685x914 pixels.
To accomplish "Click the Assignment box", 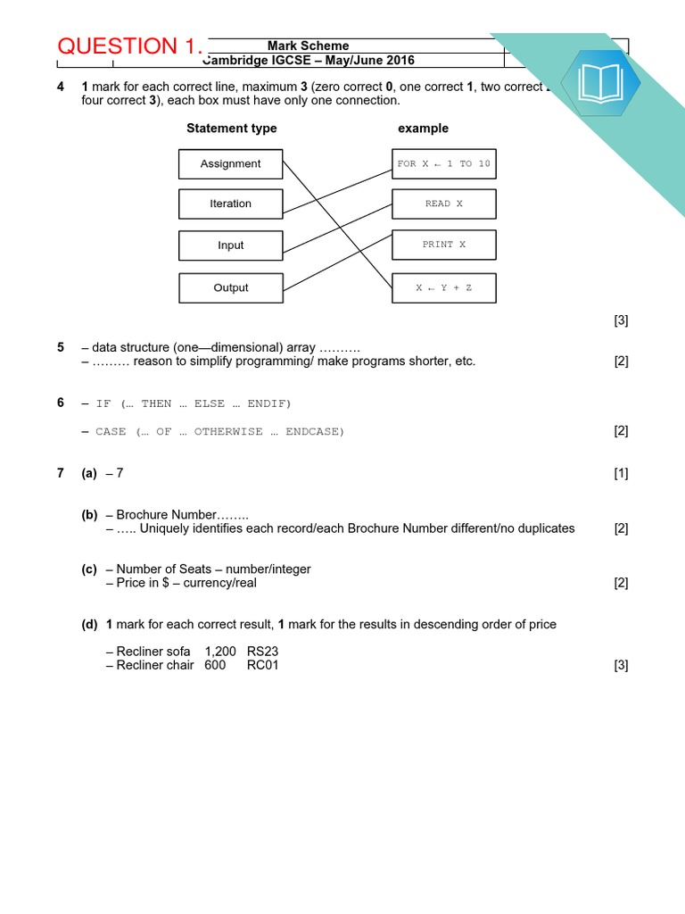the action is [230, 164].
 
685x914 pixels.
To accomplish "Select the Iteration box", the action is [230, 204].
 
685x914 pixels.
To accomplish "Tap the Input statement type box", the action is [230, 245].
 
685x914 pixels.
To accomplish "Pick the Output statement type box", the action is [230, 287].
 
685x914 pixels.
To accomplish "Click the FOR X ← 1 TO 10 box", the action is [443, 164].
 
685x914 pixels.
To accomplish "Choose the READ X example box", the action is [443, 204].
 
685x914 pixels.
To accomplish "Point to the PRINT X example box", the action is [443, 245].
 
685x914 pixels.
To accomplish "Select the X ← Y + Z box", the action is [443, 287].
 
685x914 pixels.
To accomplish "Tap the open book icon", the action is [606, 83].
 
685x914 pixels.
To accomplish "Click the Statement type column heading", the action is [231, 129].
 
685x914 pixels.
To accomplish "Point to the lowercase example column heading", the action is [423, 129].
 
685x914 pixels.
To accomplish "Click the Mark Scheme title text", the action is [308, 46].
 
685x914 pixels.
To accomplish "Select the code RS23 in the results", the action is [263, 652].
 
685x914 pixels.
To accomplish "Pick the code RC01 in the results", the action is [263, 665].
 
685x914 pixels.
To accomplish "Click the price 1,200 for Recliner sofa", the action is [220, 652].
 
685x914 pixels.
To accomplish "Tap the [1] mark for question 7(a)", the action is [621, 474].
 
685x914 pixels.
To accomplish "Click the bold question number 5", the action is [61, 347].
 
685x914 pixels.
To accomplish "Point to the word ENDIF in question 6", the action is [267, 403].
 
